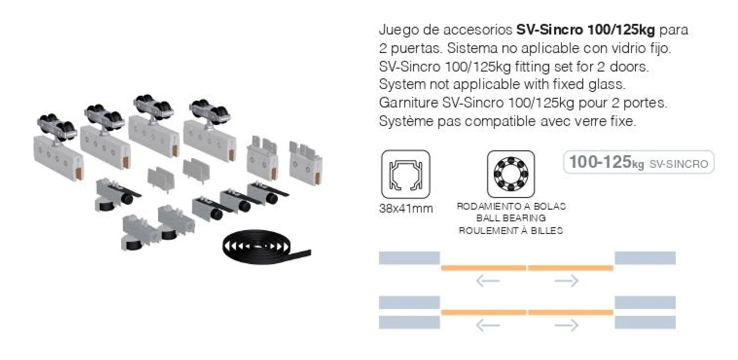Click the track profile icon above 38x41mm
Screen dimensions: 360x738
(406, 174)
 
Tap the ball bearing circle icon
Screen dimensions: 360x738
(510, 174)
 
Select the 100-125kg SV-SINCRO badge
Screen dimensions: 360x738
(638, 163)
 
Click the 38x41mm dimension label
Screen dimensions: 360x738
(406, 209)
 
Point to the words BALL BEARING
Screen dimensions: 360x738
(511, 218)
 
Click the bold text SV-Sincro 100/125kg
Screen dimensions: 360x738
(586, 30)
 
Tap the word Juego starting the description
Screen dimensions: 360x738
(395, 30)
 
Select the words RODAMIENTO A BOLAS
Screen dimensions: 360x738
(511, 206)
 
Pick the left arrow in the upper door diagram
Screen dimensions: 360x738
(487, 281)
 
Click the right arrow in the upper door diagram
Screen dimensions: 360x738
(566, 281)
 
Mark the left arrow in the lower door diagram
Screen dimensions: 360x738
(487, 325)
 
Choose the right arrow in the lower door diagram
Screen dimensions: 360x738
(566, 325)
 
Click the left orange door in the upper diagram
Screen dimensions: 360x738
(484, 268)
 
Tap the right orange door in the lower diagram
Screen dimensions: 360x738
(570, 312)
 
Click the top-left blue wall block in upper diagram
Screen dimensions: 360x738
(409, 258)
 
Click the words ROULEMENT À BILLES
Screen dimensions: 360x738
(511, 231)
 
